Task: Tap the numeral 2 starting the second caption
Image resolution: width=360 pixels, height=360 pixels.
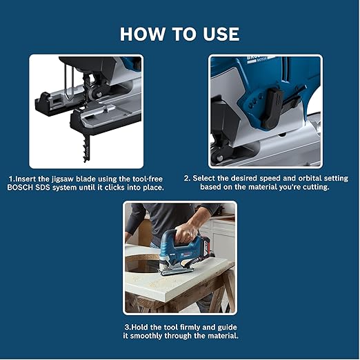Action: pos(186,177)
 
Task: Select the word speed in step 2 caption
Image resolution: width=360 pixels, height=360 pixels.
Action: pos(261,177)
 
